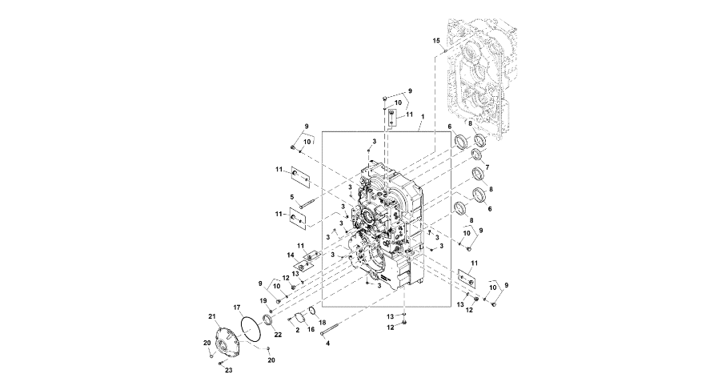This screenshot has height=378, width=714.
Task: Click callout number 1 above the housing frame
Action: click(x=423, y=117)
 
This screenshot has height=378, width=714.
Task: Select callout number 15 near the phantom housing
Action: click(x=436, y=41)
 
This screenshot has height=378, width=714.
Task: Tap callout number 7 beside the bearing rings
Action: click(x=487, y=167)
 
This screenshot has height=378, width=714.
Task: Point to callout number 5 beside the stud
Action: click(x=291, y=197)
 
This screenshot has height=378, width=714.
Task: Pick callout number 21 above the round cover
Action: click(x=211, y=316)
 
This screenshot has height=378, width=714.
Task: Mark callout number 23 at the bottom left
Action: click(x=229, y=370)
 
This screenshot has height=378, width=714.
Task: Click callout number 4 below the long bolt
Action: click(x=327, y=344)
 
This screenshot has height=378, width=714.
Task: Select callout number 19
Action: click(x=263, y=300)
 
